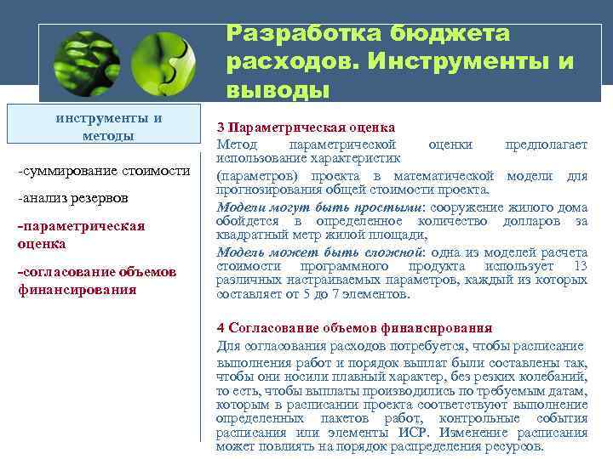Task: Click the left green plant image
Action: point(85,63)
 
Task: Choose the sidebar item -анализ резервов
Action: point(72,198)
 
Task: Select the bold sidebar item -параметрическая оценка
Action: point(81,235)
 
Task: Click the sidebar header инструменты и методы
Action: point(108,127)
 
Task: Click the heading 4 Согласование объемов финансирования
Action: point(354,328)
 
